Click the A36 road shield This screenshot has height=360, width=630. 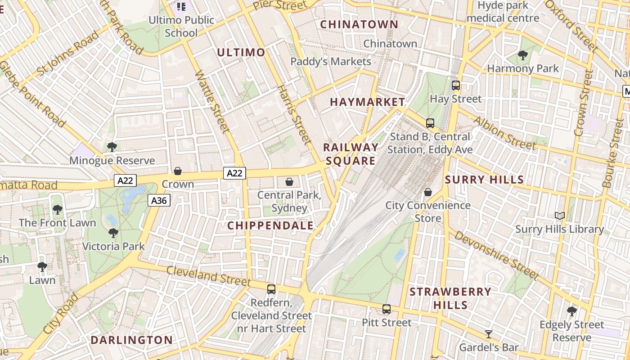click(159, 200)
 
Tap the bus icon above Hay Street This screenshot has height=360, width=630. click(455, 85)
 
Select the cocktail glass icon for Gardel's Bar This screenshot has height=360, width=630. click(488, 334)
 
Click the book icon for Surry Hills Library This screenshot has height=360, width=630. click(560, 216)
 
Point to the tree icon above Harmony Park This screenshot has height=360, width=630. click(522, 55)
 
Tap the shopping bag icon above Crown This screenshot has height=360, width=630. click(178, 171)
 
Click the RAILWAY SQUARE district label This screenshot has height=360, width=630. click(351, 154)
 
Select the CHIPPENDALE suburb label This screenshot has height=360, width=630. click(270, 225)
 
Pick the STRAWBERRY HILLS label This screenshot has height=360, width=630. click(450, 298)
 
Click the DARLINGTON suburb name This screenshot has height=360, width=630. click(131, 340)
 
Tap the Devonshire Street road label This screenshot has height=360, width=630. click(496, 255)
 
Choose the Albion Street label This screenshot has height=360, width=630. click(504, 133)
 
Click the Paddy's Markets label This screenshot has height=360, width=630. click(331, 61)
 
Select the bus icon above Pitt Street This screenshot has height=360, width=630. click(386, 309)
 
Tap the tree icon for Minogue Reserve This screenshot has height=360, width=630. click(112, 147)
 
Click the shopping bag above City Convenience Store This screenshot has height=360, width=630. click(428, 192)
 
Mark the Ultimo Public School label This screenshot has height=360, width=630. click(181, 26)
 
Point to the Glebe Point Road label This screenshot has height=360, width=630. click(32, 93)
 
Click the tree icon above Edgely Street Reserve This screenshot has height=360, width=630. click(571, 311)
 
